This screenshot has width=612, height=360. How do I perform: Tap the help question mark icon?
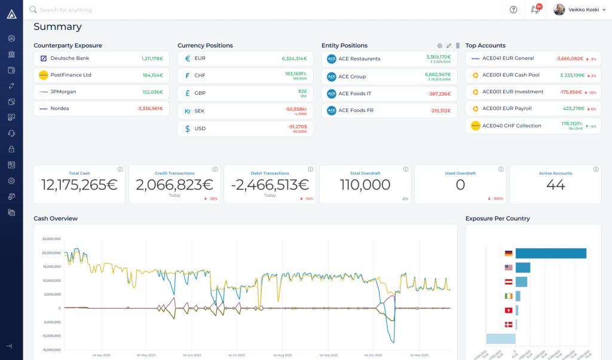[513, 10]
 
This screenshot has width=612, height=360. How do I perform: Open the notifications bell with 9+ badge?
[535, 10]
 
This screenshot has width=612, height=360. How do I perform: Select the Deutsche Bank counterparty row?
[101, 59]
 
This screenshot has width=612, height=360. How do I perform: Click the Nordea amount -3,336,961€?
[149, 109]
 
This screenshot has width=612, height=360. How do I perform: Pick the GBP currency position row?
[245, 93]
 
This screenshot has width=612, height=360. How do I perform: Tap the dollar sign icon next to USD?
[188, 129]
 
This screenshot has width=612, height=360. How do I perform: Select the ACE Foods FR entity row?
[389, 111]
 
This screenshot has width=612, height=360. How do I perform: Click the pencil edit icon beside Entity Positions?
[449, 45]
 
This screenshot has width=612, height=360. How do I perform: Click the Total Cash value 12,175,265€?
[79, 185]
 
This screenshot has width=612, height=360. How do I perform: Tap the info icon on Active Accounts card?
[596, 169]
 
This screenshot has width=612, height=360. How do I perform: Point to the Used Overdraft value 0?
[460, 185]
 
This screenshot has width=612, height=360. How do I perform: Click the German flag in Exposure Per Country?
[509, 254]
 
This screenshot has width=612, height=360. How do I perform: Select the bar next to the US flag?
[523, 267]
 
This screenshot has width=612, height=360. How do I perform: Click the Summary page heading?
[57, 27]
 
